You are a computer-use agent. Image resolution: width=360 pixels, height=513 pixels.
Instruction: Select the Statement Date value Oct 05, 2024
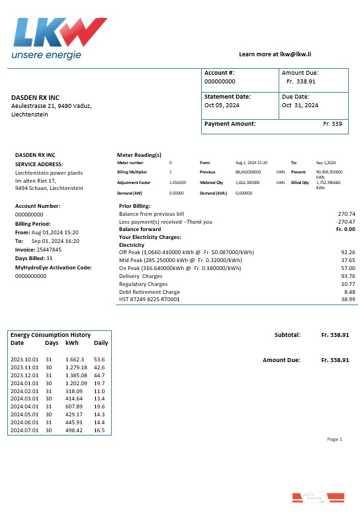pos(223,105)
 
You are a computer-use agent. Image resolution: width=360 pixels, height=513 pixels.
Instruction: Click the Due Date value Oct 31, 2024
pos(300,105)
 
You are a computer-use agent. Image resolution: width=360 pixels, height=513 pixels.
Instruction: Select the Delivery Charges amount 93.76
pos(347,276)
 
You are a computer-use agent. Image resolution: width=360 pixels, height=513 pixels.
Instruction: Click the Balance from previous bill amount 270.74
pos(347,214)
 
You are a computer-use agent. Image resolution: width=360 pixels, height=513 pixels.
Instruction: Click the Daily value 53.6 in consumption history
pos(100,358)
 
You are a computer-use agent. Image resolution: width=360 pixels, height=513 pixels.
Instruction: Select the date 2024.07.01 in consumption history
pos(24,430)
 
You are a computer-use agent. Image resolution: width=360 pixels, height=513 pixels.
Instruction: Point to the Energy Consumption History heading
pos(50,335)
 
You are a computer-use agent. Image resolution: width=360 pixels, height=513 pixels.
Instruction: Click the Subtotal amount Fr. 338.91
pos(335,335)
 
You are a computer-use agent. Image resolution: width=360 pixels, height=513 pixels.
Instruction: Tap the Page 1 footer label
pos(335,439)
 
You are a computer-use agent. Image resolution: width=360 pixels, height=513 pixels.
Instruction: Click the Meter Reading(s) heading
pos(139,156)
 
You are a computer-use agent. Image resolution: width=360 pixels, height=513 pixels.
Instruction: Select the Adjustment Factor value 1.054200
pos(177,182)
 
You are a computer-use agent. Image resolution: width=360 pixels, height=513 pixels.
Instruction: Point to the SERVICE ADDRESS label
pos(39,164)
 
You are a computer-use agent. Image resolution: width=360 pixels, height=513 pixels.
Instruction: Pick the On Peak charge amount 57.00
pos(347,268)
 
